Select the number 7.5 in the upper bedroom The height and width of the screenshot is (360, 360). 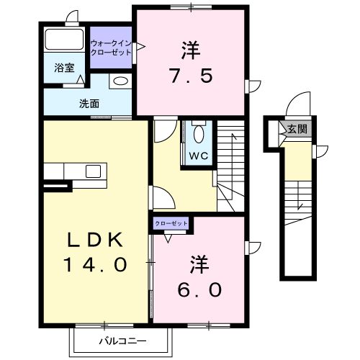pyautogui.click(x=190, y=76)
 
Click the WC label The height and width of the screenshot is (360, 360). pyautogui.click(x=199, y=155)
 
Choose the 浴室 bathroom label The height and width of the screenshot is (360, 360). pyautogui.click(x=65, y=68)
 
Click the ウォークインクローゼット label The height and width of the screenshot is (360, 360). pyautogui.click(x=111, y=48)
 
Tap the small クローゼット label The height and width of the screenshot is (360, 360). pyautogui.click(x=171, y=224)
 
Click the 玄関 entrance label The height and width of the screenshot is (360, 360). pyautogui.click(x=297, y=130)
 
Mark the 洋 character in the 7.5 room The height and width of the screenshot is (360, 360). pyautogui.click(x=190, y=50)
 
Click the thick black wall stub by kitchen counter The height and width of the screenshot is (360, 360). pyautogui.click(x=56, y=186)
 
